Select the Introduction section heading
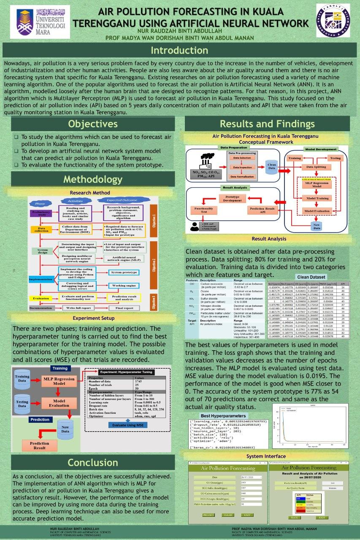180,51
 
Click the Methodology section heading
92,179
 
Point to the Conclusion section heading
92,462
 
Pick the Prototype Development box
233,198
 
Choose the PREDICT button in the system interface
209,515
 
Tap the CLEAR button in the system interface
228,515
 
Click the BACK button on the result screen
295,517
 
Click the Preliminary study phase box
41,213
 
